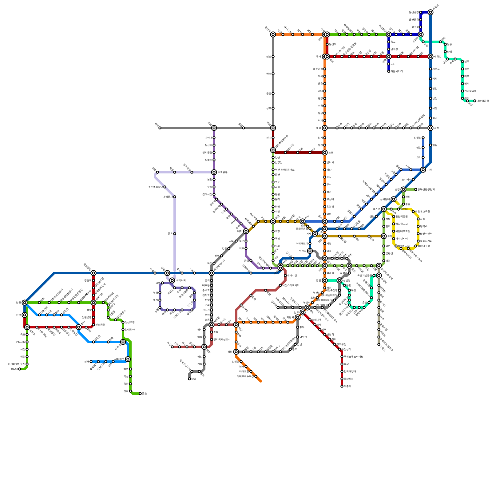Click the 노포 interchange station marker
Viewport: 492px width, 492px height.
325,153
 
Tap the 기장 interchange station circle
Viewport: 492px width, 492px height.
423,170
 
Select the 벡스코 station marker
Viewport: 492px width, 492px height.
383,209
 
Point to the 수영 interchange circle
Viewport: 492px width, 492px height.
383,236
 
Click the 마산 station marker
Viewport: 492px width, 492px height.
25,315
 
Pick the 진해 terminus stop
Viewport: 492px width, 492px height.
91,362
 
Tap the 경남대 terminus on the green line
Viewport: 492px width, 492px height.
20,369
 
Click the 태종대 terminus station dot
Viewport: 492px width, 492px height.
342,386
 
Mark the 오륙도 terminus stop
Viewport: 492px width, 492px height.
379,344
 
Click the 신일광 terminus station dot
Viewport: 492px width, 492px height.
423,138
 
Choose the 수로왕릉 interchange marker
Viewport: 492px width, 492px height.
214,172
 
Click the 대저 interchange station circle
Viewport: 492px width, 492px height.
246,231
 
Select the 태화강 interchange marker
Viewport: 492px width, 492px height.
430,57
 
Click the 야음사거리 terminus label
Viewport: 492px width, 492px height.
397,71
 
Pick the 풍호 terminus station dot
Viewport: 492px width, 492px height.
140,394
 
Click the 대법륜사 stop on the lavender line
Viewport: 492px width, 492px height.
169,197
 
